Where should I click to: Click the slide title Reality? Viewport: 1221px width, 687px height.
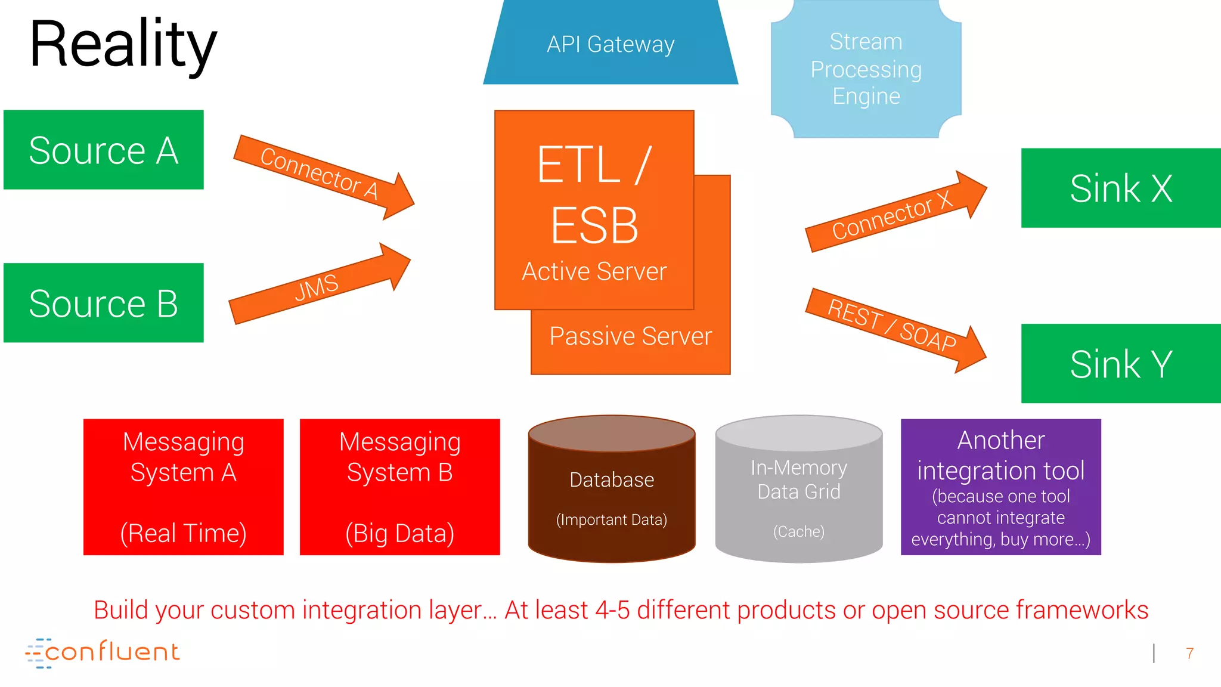(x=123, y=45)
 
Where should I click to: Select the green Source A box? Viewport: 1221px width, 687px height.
(x=103, y=150)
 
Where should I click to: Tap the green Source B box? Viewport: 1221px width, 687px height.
(x=103, y=303)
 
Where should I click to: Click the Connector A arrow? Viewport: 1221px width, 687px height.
(x=322, y=175)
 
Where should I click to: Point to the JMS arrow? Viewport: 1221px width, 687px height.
(x=319, y=285)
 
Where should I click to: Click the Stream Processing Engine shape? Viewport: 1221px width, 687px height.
(x=866, y=69)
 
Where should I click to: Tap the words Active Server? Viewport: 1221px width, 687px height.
(x=594, y=271)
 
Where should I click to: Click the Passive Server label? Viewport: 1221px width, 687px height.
(x=630, y=336)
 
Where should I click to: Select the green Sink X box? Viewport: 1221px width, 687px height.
(x=1121, y=188)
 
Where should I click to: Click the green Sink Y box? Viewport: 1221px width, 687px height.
(x=1121, y=364)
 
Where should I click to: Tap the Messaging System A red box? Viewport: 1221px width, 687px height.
(x=183, y=487)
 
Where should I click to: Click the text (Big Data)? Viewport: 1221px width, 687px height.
(x=399, y=533)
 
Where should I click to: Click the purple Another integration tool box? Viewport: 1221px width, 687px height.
(x=1000, y=487)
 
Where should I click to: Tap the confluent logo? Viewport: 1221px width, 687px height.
(x=103, y=652)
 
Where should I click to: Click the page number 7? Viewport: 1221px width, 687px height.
(x=1189, y=654)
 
